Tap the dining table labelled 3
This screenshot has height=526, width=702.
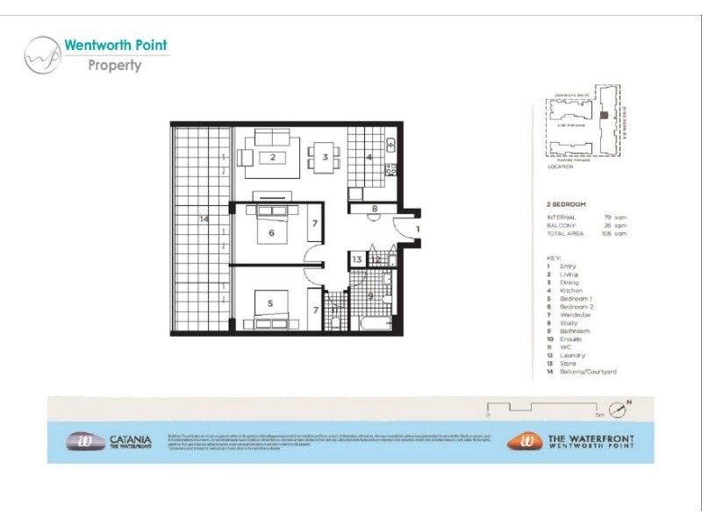[x=325, y=158]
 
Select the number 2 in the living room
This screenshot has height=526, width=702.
[x=274, y=158]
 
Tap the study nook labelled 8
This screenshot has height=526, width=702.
[x=374, y=209]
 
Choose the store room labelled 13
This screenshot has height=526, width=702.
[x=357, y=259]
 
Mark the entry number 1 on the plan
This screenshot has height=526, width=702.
[x=419, y=229]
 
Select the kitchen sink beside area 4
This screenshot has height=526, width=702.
[x=391, y=145]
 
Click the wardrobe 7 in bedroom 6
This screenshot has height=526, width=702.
[x=314, y=225]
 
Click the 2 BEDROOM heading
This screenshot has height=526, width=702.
[x=566, y=203]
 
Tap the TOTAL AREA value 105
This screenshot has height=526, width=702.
[x=607, y=234]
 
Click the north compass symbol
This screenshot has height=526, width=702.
[x=621, y=409]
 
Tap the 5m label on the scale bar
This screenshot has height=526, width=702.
[x=599, y=412]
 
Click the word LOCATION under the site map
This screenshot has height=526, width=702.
[x=559, y=166]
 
